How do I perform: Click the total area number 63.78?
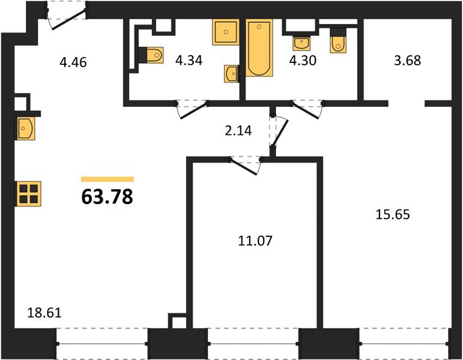[107, 197]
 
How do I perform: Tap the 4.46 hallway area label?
[73, 62]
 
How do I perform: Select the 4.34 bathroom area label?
[189, 60]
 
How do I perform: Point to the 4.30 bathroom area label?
[303, 60]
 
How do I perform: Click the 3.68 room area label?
[408, 60]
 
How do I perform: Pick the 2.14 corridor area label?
[238, 130]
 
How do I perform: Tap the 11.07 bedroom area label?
[255, 241]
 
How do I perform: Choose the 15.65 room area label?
[393, 215]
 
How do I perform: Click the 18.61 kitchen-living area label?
[44, 313]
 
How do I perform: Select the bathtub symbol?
[259, 48]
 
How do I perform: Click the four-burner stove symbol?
[28, 194]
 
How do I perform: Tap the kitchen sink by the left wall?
[26, 128]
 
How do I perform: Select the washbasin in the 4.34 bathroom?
[231, 73]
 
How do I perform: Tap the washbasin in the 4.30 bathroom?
[301, 43]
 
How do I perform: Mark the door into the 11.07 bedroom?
[245, 166]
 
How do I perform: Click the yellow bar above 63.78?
[107, 179]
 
